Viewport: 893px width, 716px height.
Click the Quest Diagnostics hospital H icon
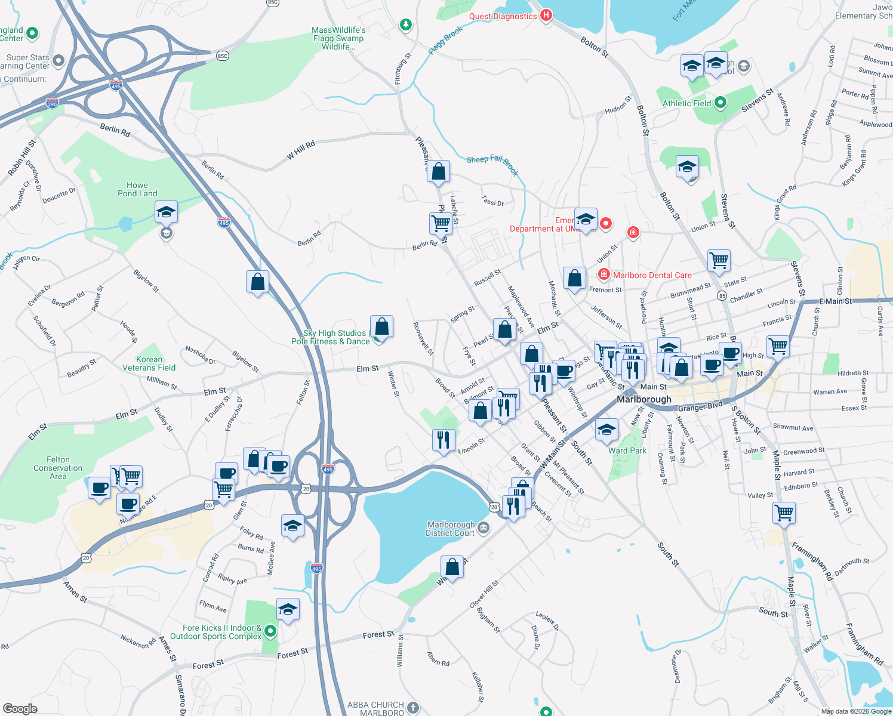pyautogui.click(x=546, y=16)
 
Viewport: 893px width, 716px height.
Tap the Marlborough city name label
pyautogui.click(x=643, y=399)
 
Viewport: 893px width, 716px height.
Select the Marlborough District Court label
pyautogui.click(x=450, y=529)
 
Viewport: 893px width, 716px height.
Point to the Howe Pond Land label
pyautogui.click(x=137, y=189)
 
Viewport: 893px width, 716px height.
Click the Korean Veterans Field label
pyautogui.click(x=149, y=363)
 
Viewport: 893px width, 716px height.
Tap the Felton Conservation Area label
pyautogui.click(x=58, y=468)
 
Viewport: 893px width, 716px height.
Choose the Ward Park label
pyautogui.click(x=627, y=450)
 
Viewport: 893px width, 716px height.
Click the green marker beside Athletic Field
pyautogui.click(x=720, y=103)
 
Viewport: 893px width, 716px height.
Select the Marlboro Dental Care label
pyautogui.click(x=652, y=275)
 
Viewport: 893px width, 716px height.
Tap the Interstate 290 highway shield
pyautogui.click(x=53, y=104)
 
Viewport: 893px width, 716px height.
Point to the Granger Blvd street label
pyautogui.click(x=700, y=408)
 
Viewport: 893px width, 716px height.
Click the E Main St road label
pyautogui.click(x=835, y=301)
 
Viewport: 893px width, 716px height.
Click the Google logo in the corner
pyautogui.click(x=20, y=708)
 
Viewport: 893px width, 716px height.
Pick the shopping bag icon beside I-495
pyautogui.click(x=257, y=281)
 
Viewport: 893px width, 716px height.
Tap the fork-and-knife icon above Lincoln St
pyautogui.click(x=443, y=440)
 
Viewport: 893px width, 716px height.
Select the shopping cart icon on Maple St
pyautogui.click(x=784, y=513)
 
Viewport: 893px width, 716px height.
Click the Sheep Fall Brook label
pyautogui.click(x=492, y=165)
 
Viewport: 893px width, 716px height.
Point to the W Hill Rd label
pyautogui.click(x=300, y=151)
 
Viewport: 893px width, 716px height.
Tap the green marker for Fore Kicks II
pyautogui.click(x=270, y=631)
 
